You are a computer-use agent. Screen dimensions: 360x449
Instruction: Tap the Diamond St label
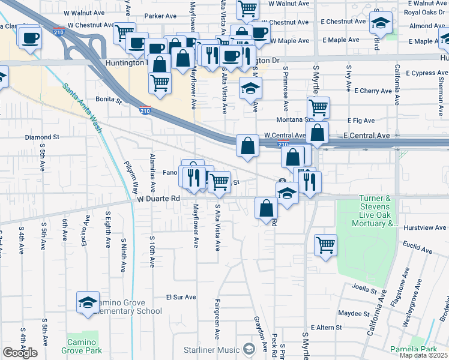coord(42,137)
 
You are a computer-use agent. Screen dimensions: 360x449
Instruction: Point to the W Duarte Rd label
coord(158,199)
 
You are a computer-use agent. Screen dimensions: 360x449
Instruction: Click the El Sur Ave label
coord(181,297)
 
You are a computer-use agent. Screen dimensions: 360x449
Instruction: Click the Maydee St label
coord(354,313)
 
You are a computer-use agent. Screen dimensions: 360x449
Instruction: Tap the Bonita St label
coord(109,99)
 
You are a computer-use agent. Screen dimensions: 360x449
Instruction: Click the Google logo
coord(20,353)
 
